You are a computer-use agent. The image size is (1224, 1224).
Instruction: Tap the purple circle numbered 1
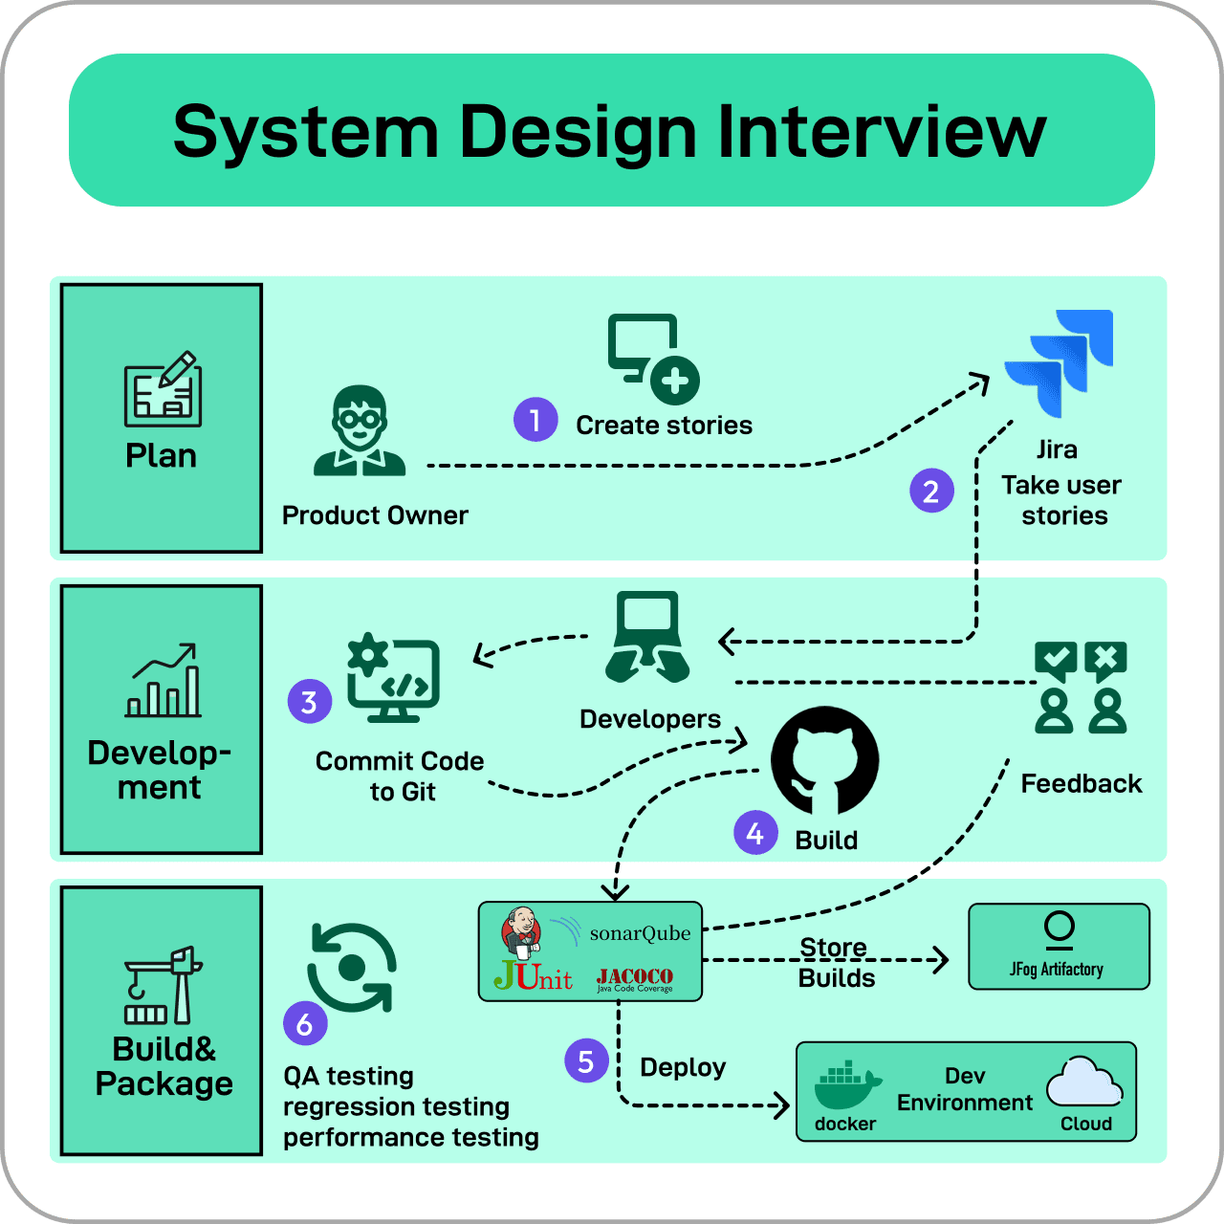click(535, 420)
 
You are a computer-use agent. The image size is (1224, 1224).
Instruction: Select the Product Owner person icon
click(360, 431)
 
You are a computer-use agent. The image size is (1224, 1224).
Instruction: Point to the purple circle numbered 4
click(755, 833)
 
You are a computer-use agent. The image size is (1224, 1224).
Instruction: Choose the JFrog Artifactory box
click(1059, 946)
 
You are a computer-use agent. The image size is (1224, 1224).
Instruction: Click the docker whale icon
click(846, 1085)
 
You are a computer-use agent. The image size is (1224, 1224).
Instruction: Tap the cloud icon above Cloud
click(1084, 1082)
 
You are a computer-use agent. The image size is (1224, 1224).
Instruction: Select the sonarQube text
click(640, 933)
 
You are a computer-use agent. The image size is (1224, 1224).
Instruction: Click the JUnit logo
click(534, 976)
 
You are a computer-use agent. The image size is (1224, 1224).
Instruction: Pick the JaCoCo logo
click(635, 978)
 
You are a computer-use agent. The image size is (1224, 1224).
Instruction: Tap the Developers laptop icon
click(647, 636)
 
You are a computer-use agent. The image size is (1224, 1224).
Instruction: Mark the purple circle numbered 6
click(305, 1024)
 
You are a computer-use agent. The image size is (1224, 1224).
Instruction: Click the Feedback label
click(1081, 784)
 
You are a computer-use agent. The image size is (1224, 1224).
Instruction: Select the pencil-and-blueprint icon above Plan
click(163, 389)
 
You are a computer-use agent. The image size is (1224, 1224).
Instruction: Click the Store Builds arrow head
click(942, 960)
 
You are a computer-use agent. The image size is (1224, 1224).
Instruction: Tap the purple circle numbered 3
click(309, 702)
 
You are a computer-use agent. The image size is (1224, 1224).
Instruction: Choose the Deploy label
click(683, 1067)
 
